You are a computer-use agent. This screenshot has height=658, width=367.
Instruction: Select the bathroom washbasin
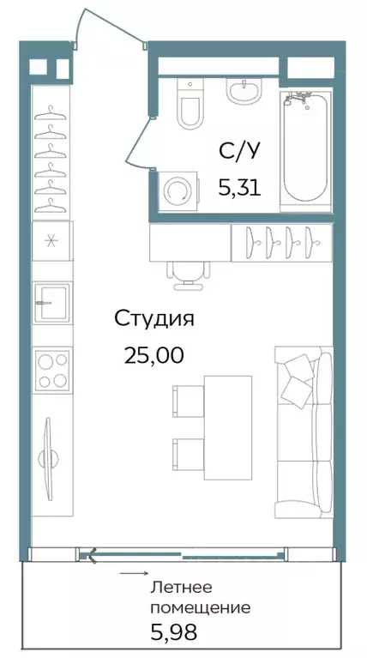click(244, 89)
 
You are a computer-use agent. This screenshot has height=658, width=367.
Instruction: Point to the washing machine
click(177, 190)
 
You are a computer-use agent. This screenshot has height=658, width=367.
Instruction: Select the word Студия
click(154, 319)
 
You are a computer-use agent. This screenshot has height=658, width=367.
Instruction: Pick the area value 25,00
click(154, 354)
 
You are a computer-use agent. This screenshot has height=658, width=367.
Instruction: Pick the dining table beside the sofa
click(227, 424)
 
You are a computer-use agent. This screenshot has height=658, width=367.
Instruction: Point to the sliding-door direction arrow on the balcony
click(132, 572)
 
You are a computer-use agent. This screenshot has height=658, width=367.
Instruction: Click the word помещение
click(200, 608)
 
